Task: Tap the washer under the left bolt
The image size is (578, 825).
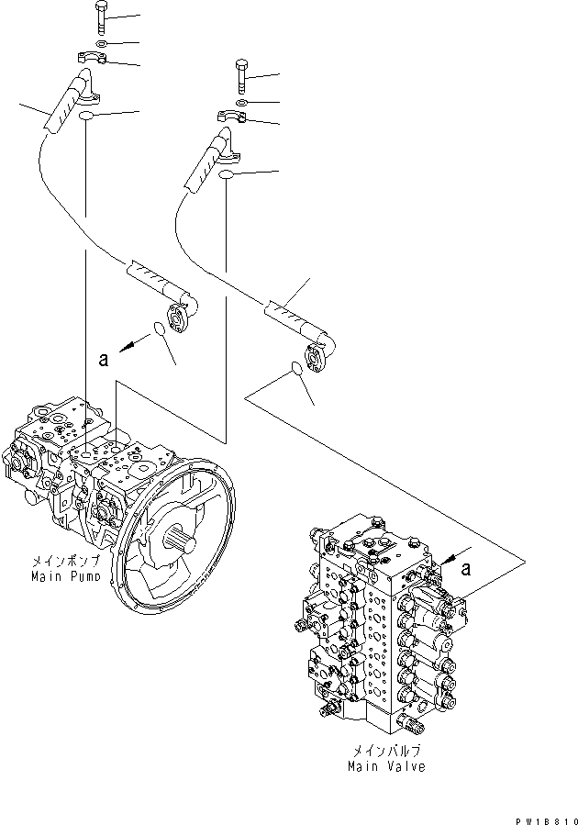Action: click(98, 43)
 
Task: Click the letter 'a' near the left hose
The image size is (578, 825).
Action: click(104, 360)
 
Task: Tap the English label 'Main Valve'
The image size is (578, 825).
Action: click(386, 766)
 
